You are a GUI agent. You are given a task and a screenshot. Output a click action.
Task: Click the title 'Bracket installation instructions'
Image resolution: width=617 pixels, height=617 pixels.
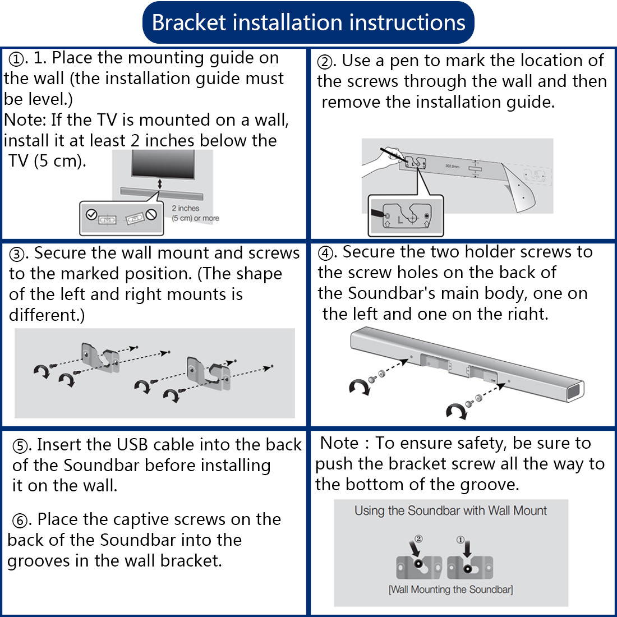(x=308, y=23)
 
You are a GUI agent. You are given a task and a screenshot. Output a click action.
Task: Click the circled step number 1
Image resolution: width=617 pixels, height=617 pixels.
(x=17, y=59)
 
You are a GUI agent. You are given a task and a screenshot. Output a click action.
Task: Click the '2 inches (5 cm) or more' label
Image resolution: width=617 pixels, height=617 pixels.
(x=195, y=213)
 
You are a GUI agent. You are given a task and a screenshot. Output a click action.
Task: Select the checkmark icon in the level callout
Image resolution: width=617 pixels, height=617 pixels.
(x=91, y=214)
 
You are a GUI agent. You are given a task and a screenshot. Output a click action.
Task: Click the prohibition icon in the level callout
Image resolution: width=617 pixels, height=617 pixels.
(x=150, y=214)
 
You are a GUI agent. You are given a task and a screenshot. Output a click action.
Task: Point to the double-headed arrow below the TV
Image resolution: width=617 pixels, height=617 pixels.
(x=159, y=184)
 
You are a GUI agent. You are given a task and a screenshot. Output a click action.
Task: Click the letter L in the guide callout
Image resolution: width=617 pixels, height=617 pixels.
(x=400, y=219)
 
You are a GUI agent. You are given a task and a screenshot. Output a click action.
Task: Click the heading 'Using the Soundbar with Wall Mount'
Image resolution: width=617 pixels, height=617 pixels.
(x=450, y=511)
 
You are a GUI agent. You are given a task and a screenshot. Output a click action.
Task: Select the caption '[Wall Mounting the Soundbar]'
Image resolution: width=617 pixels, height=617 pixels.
(x=450, y=590)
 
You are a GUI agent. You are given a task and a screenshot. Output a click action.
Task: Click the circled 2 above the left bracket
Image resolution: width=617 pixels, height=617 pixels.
(x=418, y=539)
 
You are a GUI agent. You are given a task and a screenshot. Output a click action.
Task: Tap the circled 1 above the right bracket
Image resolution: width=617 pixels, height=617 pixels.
(x=461, y=540)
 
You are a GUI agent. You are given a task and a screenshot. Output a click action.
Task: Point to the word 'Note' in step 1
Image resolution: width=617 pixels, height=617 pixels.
(x=25, y=120)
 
